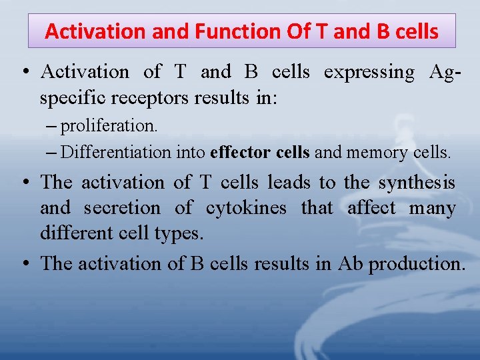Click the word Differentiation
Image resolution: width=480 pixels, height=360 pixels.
click(116, 152)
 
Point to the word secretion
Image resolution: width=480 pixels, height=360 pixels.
click(122, 208)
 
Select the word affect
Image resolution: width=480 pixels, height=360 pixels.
click(371, 208)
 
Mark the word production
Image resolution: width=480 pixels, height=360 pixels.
click(417, 264)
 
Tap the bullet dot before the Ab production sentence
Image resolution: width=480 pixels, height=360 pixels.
click(25, 264)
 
